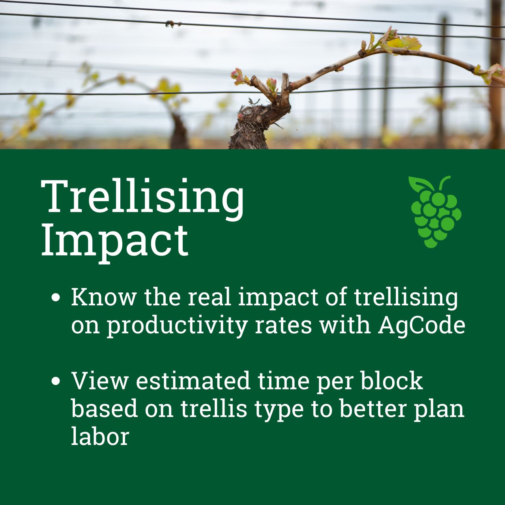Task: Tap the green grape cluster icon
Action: [435, 212]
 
